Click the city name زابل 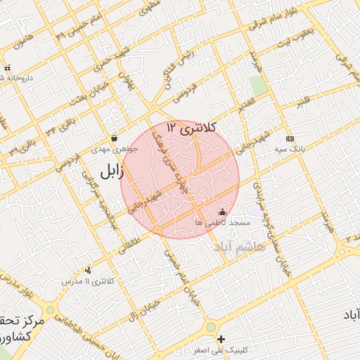coord(111,170)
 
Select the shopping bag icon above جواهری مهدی coord(114,138)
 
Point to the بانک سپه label coord(290,149)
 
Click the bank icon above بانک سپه coord(290,138)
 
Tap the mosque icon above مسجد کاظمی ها coord(223,212)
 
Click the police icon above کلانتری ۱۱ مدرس coord(88,270)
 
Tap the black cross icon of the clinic coord(221,339)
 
